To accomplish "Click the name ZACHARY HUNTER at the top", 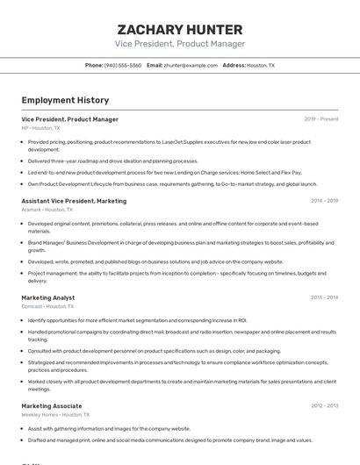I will (x=180, y=28).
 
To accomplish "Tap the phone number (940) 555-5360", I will (x=122, y=65).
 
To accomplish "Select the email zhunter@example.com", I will (x=191, y=65).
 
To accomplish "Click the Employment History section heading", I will (x=65, y=100).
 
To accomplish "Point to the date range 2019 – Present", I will (x=320, y=118).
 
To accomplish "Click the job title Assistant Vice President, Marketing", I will (x=74, y=200).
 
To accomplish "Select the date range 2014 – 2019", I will (x=324, y=200).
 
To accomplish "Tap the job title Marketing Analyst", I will (x=48, y=297).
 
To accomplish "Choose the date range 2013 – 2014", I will (x=324, y=297).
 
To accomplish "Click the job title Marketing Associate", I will (x=52, y=405).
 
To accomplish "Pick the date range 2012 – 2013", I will (x=324, y=405).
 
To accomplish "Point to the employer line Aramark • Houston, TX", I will (x=47, y=210).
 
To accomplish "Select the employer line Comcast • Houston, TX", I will (x=47, y=307).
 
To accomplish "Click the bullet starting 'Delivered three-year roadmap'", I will (x=113, y=161).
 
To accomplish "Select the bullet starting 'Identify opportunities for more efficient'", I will (x=137, y=320).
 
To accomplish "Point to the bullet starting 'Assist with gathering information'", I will (x=109, y=428).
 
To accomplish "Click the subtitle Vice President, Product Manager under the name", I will (x=180, y=44).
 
